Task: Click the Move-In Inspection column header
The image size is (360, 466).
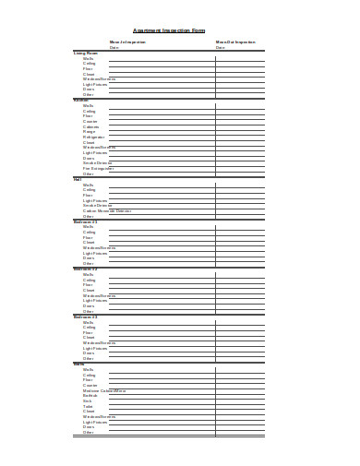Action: [x=128, y=42]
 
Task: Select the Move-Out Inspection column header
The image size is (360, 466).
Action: [x=235, y=42]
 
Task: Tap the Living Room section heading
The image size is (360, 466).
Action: [x=86, y=53]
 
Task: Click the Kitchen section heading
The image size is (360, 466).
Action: [x=81, y=100]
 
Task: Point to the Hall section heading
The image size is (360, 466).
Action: [x=78, y=179]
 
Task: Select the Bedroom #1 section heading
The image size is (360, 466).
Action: [x=86, y=221]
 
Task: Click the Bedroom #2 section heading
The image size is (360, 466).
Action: [x=86, y=269]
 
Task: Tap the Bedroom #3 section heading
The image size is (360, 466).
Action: [x=86, y=317]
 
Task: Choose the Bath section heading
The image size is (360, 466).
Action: [x=78, y=364]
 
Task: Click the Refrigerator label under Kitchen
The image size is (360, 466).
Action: [x=94, y=137]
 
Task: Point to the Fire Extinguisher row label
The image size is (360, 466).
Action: [x=97, y=168]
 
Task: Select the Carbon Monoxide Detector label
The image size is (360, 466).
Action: [x=107, y=210]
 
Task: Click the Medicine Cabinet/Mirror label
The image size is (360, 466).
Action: [x=104, y=390]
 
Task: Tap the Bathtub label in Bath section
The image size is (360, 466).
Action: [x=90, y=396]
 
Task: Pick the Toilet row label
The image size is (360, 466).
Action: [x=88, y=406]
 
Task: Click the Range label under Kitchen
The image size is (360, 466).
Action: [x=89, y=131]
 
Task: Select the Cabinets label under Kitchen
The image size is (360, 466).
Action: [x=90, y=126]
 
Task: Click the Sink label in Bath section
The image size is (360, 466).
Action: [x=87, y=401]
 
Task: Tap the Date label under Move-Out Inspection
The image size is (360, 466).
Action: [x=220, y=47]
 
